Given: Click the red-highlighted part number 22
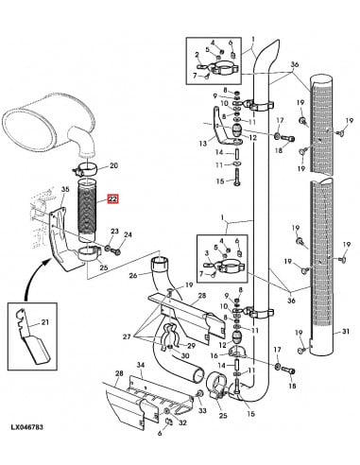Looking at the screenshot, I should [113, 199].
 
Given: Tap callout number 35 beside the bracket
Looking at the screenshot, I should [65, 191].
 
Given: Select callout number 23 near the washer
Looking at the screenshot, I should [114, 232].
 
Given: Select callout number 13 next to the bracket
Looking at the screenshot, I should [202, 144].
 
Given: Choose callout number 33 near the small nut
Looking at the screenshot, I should [202, 410].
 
